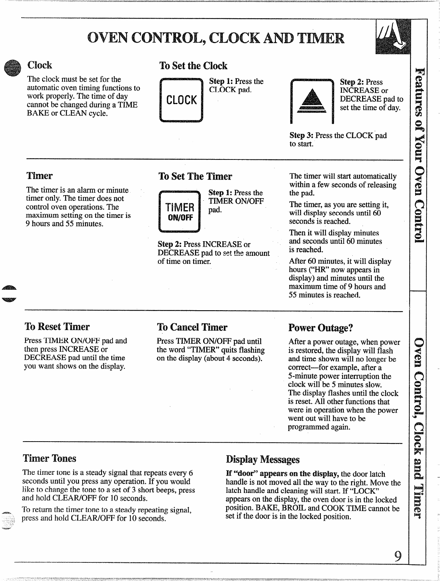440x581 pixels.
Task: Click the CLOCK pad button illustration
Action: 181,100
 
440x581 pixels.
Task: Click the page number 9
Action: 398,556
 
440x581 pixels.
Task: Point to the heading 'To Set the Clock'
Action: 193,66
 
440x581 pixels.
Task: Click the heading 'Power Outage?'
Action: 320,327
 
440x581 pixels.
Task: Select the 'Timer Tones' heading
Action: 49,458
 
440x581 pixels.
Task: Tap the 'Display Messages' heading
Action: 263,459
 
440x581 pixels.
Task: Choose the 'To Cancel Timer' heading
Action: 192,327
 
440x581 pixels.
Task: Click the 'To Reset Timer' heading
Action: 57,327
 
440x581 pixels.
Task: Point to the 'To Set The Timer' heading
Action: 195,177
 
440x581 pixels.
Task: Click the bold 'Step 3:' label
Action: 301,135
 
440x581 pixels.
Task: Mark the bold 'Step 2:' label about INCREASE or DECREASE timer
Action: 170,244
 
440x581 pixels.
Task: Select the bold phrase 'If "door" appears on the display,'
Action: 282,474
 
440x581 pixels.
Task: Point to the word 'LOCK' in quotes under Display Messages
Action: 370,491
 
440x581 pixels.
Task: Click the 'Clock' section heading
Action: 40,65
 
